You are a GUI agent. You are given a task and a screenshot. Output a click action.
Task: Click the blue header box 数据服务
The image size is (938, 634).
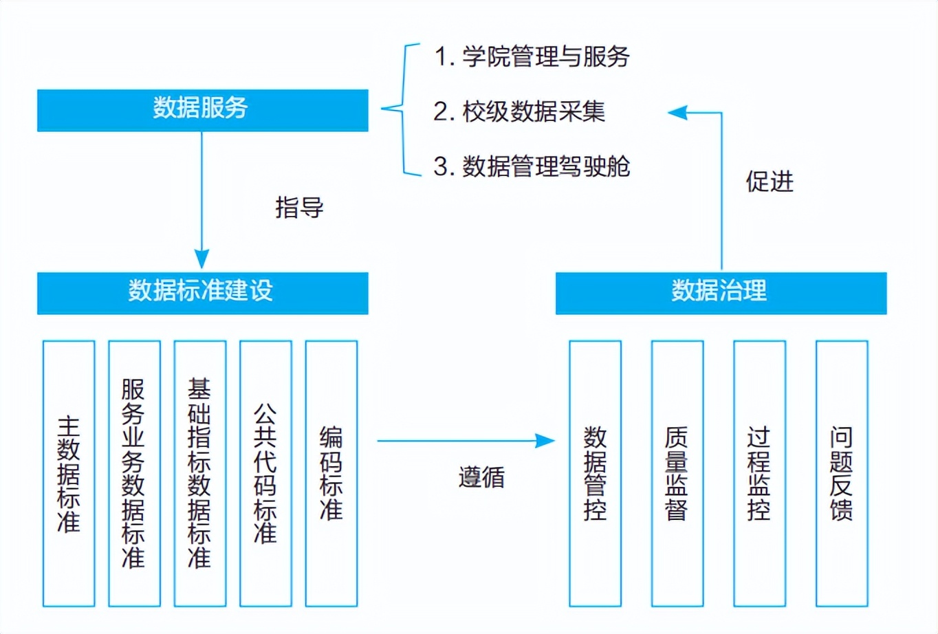point(202,110)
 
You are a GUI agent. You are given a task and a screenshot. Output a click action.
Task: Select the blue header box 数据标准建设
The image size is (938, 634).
point(202,293)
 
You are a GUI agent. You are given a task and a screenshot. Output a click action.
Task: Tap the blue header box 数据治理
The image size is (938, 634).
point(721,293)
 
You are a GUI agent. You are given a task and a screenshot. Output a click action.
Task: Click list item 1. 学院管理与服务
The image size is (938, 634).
point(532,56)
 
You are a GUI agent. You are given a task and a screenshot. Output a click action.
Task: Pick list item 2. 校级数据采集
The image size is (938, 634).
point(519,111)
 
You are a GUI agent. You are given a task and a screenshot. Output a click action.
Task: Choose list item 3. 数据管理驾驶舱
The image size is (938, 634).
point(532,166)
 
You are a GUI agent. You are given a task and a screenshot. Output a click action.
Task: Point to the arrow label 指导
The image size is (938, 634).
point(299,207)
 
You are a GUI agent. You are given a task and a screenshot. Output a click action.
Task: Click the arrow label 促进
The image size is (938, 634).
point(770,182)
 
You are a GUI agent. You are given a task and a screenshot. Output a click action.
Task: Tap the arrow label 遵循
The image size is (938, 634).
point(481,477)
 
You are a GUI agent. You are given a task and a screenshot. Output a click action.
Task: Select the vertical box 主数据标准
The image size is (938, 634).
point(69,473)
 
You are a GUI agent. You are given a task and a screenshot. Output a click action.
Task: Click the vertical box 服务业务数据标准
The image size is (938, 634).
point(134,473)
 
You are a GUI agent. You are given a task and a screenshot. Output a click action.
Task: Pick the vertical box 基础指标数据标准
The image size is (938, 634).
point(200,473)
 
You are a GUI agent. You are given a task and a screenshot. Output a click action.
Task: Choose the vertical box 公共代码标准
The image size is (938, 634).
point(265,473)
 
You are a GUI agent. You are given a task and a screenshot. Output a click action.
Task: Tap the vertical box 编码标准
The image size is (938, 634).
point(331,473)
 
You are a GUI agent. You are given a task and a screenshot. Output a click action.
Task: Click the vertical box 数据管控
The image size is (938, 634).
point(595,473)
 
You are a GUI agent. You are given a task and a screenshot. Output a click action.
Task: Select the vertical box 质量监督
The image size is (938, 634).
point(677,473)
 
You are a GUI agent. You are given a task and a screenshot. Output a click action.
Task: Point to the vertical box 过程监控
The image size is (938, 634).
point(759,473)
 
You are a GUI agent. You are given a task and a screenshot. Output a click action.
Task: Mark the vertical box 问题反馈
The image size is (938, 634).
point(842,473)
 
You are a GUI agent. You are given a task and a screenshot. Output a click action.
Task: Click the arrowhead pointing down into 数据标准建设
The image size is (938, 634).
point(201,259)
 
